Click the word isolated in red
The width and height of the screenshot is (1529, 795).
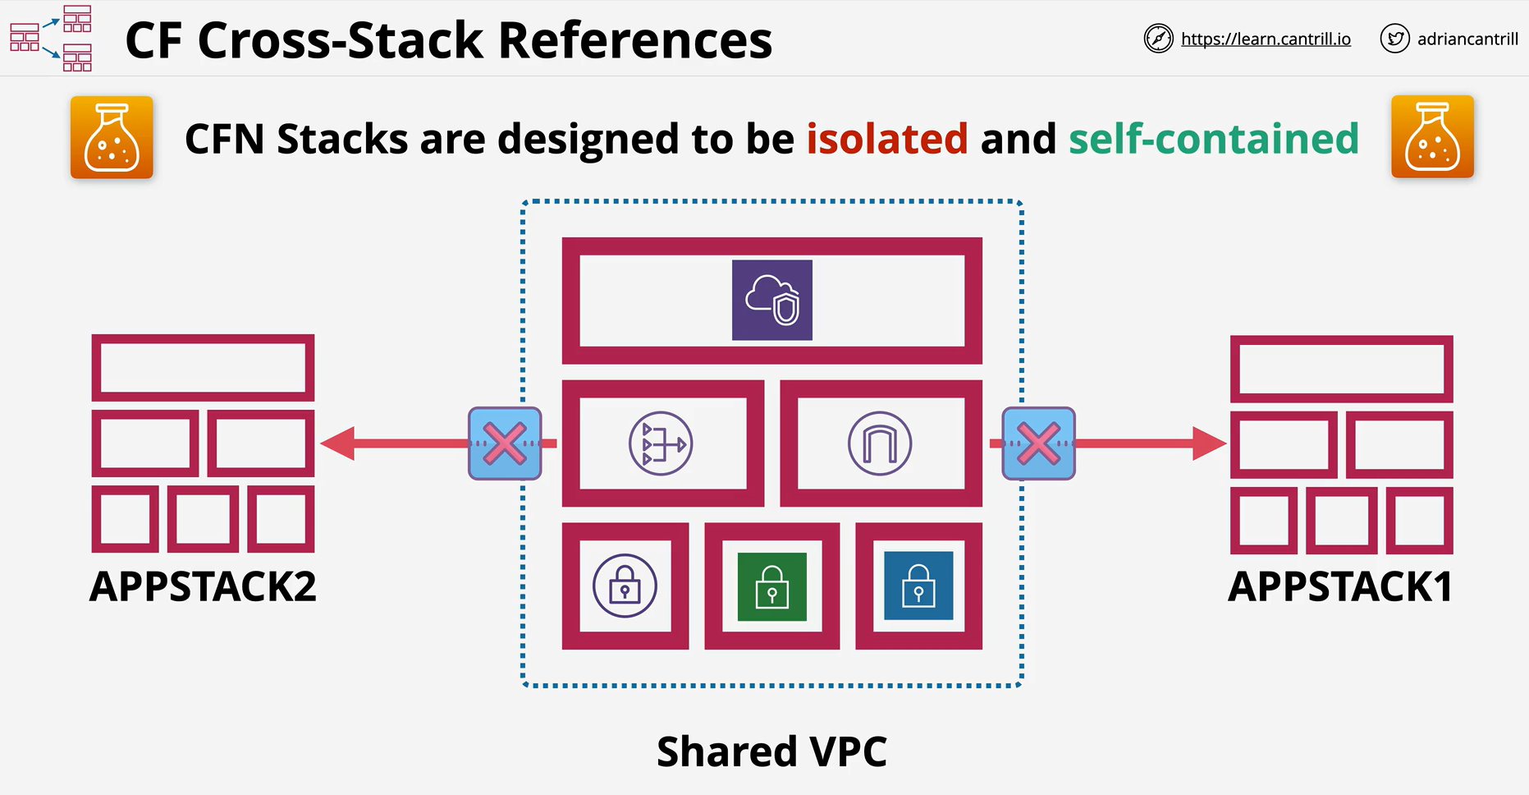point(886,138)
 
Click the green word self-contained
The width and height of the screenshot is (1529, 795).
point(1214,138)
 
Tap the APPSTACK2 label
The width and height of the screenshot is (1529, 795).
point(203,586)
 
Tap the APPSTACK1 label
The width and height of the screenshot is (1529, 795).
point(1340,586)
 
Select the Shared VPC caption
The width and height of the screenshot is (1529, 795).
point(771,751)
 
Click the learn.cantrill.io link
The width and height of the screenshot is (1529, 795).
point(1266,39)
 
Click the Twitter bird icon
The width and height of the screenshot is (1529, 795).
point(1394,39)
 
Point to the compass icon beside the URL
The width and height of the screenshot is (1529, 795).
point(1158,39)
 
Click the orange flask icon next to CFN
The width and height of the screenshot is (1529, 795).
point(112,137)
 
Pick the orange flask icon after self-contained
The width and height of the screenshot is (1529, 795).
point(1432,137)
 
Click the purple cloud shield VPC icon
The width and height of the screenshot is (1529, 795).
point(772,300)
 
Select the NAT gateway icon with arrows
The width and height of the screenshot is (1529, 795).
point(661,443)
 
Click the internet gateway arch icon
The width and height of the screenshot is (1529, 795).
point(880,443)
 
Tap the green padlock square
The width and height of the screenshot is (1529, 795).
point(772,586)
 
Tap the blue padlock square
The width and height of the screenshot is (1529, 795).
point(918,586)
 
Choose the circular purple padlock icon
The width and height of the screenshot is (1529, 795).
point(625,586)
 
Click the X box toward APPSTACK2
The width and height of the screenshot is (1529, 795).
point(505,443)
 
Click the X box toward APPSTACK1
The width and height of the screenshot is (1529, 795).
point(1038,443)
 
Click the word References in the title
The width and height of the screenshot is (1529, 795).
point(635,39)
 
